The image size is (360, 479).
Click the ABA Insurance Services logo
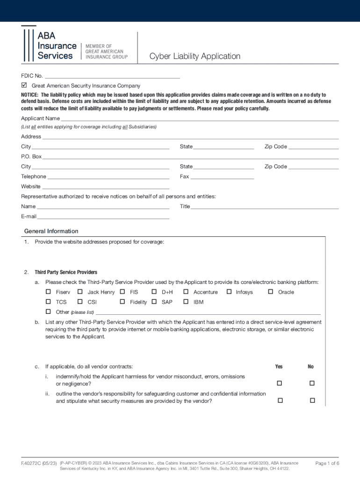tap(50, 44)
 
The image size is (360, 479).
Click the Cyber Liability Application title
tap(194, 57)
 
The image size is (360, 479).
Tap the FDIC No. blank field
tap(112, 76)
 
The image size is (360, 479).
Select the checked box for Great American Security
tap(25, 86)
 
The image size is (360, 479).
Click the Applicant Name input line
tap(200, 119)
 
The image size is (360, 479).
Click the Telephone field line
tap(108, 177)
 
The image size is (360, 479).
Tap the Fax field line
tap(222, 177)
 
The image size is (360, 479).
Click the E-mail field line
tap(103, 217)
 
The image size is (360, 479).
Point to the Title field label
tap(185, 207)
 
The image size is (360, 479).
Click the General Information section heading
tap(51, 231)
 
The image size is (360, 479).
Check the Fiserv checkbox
tap(48, 292)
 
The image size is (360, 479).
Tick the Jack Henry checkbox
tap(80, 292)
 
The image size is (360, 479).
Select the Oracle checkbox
tap(270, 292)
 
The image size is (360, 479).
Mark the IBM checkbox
tap(186, 302)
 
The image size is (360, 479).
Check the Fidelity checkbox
tap(122, 302)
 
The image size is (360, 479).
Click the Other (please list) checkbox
tap(48, 312)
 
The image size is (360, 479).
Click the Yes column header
tap(279, 367)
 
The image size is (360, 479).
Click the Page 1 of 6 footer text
tap(327, 464)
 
